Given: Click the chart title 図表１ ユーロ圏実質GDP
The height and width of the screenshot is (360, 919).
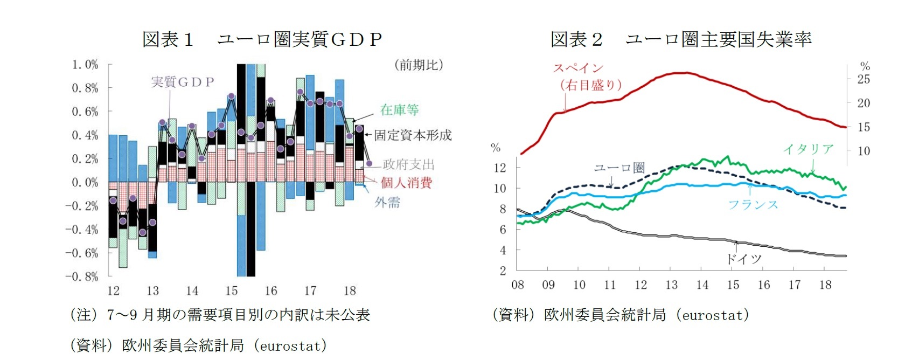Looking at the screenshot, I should coord(262,39).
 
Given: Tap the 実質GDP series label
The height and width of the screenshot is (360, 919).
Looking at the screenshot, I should coord(182,82).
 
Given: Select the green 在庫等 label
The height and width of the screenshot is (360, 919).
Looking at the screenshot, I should coord(399,110).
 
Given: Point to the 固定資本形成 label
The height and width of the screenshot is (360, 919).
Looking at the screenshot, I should coord(413,135).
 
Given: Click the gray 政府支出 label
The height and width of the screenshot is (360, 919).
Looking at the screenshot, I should coord(408,164).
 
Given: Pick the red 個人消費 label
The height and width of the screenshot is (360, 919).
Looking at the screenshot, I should coord(406,183).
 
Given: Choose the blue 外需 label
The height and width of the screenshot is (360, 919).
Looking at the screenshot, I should coord(387,202).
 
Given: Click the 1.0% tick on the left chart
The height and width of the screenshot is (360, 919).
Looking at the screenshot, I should coord(85,65).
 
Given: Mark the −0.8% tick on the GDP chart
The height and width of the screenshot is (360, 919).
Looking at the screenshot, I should coord(82,276).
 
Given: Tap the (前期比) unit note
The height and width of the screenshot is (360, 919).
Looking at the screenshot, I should coord(419,65).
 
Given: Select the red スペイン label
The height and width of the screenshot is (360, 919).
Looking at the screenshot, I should coord(578,68).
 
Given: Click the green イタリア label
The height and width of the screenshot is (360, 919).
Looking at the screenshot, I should coord(808,149).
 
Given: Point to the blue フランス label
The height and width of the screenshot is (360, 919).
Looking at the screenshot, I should coord(753,204).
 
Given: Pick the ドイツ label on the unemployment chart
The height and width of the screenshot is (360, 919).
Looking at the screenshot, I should coord(743,259).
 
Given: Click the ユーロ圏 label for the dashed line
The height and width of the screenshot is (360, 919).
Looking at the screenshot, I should coord(619,168).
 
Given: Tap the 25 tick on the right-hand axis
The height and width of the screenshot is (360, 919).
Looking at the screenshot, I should coord(864,79).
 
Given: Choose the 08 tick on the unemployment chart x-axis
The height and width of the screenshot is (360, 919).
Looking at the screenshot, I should coord(517,285).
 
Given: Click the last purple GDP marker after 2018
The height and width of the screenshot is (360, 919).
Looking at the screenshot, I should coord(369,163).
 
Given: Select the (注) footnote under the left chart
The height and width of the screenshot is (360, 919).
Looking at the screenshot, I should coord(220,315).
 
